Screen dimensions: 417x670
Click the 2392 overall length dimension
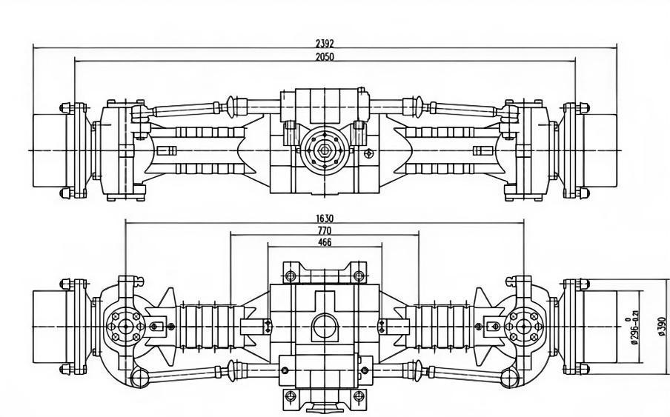(325, 44)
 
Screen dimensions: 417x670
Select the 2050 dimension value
(325, 56)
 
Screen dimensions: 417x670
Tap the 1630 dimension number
(325, 218)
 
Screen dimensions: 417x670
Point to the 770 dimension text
(325, 230)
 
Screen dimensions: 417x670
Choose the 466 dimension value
(325, 242)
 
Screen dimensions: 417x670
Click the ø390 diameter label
(662, 325)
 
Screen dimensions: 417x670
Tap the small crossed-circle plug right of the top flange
(369, 153)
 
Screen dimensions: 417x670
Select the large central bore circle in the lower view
(324, 326)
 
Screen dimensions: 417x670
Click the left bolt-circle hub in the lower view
(124, 326)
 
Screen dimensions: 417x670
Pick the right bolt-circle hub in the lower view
(524, 326)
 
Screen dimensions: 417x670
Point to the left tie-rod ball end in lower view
(139, 379)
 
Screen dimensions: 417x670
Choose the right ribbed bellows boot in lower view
(439, 326)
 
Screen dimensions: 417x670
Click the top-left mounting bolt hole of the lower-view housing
(291, 276)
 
